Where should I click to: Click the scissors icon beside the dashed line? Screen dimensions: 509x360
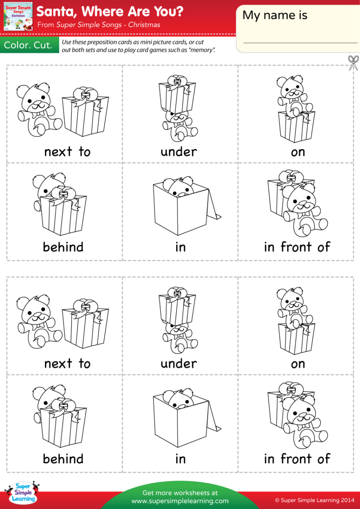click(x=353, y=63)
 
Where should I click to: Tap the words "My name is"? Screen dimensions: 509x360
click(x=274, y=16)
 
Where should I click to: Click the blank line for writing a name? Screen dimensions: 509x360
click(x=300, y=42)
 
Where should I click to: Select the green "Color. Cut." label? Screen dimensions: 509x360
click(x=28, y=45)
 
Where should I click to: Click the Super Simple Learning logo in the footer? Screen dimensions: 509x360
click(x=23, y=492)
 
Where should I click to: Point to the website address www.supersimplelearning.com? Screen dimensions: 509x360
click(x=180, y=501)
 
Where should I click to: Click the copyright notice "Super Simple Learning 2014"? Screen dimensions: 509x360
click(x=315, y=501)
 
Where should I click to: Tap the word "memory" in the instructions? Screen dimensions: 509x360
click(x=205, y=50)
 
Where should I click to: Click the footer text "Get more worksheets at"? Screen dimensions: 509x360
click(x=180, y=493)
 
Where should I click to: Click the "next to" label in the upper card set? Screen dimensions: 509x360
click(x=67, y=152)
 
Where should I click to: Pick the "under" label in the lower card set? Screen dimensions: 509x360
click(x=179, y=363)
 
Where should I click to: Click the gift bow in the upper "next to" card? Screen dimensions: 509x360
click(x=82, y=94)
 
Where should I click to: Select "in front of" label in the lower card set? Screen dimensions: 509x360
click(x=297, y=459)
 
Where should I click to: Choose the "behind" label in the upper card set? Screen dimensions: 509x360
click(x=63, y=247)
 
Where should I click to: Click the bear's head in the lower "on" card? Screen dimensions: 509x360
click(x=289, y=299)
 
